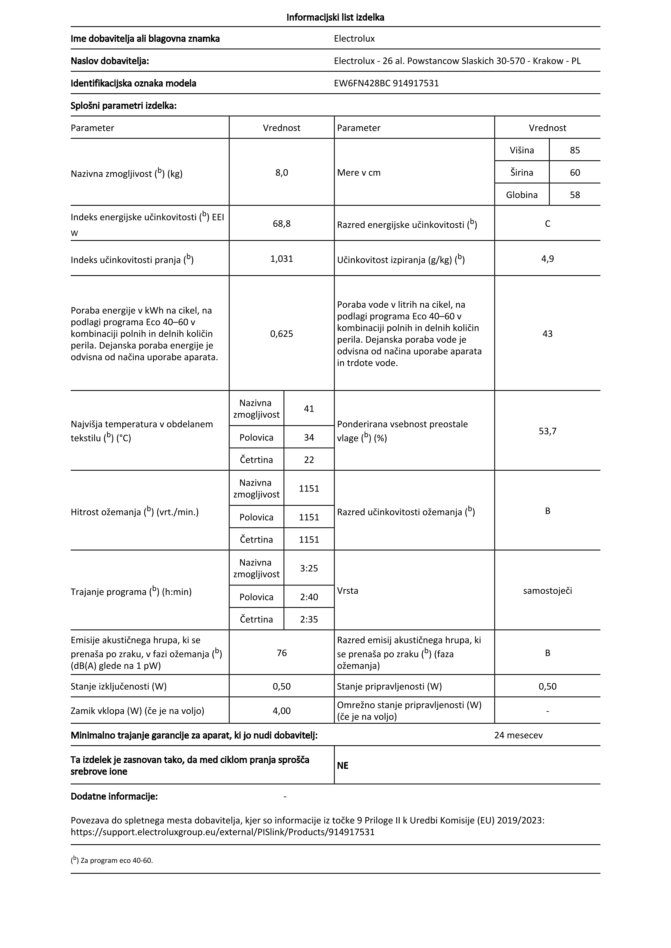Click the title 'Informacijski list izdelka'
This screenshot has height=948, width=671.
[335, 17]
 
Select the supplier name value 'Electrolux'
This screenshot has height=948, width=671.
[354, 39]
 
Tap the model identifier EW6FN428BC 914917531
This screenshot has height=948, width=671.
[386, 84]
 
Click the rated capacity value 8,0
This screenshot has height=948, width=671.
[281, 172]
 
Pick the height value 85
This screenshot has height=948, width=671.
[575, 150]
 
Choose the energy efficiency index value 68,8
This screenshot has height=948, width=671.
[281, 224]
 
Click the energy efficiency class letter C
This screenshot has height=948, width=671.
[547, 224]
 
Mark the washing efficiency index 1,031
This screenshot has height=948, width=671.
[281, 259]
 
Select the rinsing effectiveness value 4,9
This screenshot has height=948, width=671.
[547, 259]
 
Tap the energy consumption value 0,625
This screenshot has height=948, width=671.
[281, 334]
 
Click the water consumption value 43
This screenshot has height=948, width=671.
[547, 334]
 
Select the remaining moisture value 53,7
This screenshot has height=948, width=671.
[547, 431]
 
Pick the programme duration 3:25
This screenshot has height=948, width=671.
[309, 568]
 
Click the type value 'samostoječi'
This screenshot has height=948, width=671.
[547, 590]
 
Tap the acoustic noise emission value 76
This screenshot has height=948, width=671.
[281, 653]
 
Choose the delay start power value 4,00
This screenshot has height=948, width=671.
[281, 711]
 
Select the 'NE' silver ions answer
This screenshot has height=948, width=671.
[343, 766]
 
